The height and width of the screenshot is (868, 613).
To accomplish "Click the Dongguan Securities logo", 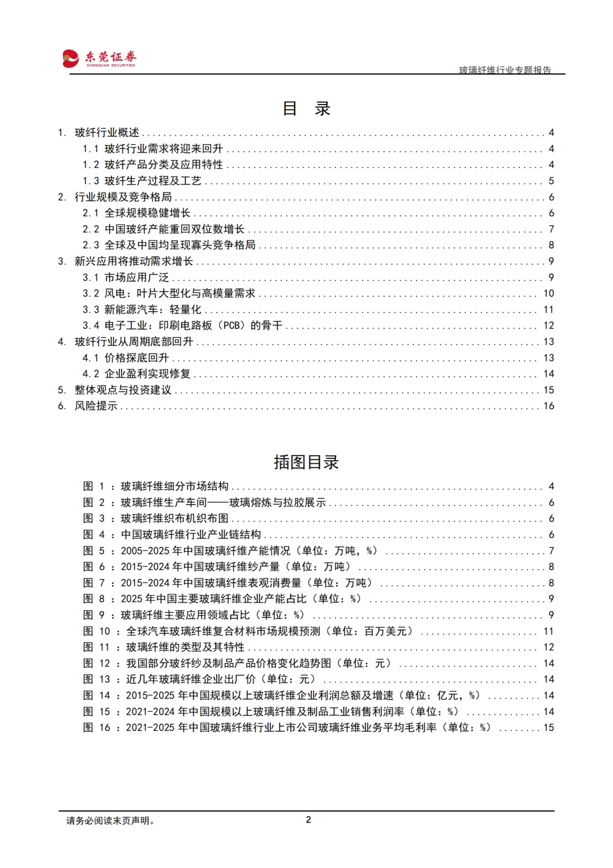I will coord(99,58).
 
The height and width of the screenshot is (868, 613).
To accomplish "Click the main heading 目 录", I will coord(306,108).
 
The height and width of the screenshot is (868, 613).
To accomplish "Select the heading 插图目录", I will coord(306,462).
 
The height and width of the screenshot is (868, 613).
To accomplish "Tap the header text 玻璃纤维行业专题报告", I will coord(505,70).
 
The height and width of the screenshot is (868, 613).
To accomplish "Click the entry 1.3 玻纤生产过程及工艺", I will coord(142,181).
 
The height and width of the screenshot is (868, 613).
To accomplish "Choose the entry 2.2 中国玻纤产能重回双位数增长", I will coord(163,229).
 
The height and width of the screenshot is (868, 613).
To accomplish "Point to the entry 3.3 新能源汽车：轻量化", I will coord(142,310).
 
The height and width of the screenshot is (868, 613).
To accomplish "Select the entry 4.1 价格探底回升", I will coord(126,358).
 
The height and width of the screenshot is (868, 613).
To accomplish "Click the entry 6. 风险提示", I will coord(88,406).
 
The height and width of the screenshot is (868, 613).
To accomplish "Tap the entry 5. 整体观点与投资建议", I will coord(115,390).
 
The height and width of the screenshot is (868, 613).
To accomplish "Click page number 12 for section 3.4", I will coord(548,325).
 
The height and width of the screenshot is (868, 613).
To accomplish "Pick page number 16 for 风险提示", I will coord(548,406).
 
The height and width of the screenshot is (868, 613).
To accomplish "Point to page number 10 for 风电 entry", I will coord(548,293).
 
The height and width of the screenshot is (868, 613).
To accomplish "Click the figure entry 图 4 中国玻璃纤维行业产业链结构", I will coord(173,535).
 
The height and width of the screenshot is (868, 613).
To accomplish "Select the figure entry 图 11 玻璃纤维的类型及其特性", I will coord(165,647).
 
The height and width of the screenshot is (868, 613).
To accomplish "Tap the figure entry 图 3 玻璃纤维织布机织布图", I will coord(157,519).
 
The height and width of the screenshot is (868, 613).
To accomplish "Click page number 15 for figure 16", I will coord(548,728).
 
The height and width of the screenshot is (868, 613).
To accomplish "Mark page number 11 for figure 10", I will coord(548,631).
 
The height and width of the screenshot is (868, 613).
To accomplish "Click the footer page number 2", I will coord(308,820).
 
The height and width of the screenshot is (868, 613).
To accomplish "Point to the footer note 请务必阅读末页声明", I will coord(111,820).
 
